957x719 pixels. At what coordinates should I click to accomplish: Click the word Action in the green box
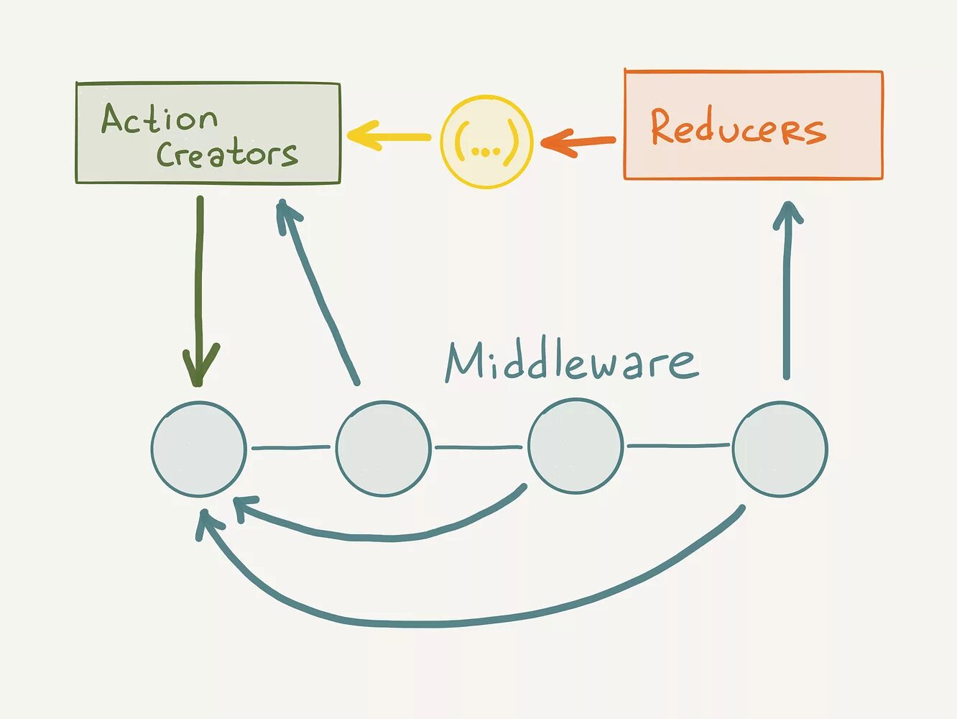pos(159,119)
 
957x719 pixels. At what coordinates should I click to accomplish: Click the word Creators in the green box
pos(227,154)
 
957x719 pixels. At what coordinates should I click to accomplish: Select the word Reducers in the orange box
pos(738,127)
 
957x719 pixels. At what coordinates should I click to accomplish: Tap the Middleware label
pos(571,361)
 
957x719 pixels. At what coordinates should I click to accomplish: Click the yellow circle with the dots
pos(486,142)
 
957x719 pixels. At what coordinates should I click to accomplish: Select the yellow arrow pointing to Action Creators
pos(389,136)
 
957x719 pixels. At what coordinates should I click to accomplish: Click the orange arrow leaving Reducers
pos(578,141)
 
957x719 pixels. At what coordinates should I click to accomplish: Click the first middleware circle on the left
pos(199,449)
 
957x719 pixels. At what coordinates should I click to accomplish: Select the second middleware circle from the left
pos(384,449)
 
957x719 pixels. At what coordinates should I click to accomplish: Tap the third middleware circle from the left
pos(575,446)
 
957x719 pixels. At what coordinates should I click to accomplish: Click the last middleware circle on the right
pos(780,449)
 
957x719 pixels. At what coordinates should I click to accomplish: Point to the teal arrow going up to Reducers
pos(787,288)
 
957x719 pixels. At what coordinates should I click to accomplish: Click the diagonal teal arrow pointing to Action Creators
pos(320,295)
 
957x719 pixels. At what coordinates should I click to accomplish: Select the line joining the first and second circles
pos(291,448)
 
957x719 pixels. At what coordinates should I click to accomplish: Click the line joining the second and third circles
pos(479,447)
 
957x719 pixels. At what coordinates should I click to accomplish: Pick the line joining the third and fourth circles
pos(678,446)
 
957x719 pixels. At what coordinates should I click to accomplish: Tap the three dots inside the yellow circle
pos(486,152)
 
